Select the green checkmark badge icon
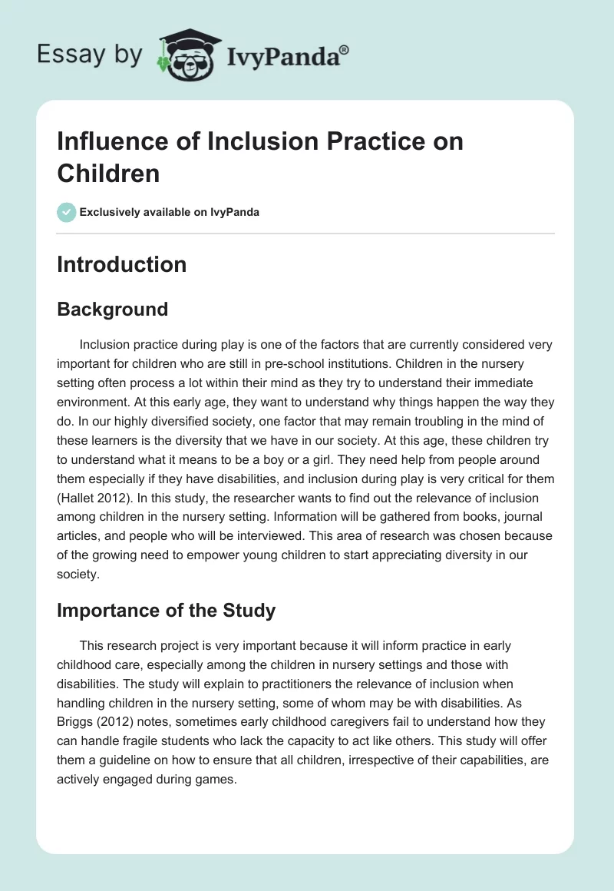click(67, 212)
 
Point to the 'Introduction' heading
click(122, 264)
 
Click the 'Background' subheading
click(112, 309)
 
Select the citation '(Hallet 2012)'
click(97, 498)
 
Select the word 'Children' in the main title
click(108, 173)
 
